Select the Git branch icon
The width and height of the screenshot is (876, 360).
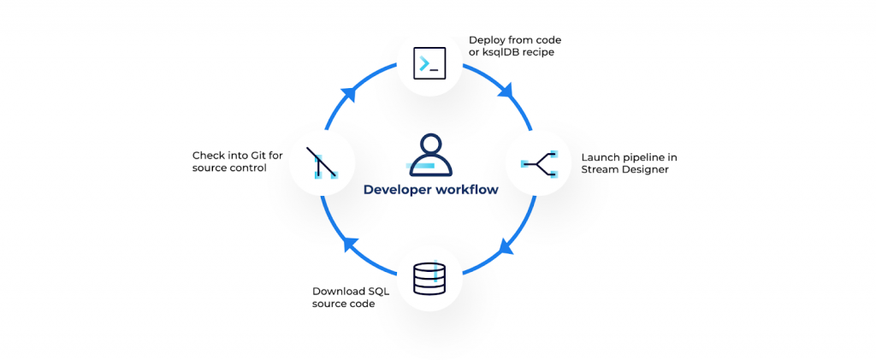(x=323, y=162)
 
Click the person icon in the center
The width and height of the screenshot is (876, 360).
(x=429, y=154)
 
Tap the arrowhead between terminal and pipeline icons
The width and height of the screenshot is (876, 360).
(x=506, y=90)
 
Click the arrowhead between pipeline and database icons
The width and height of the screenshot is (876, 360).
(x=506, y=249)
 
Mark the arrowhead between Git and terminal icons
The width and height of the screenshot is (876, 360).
(x=348, y=91)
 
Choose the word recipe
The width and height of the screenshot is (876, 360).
(x=542, y=53)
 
